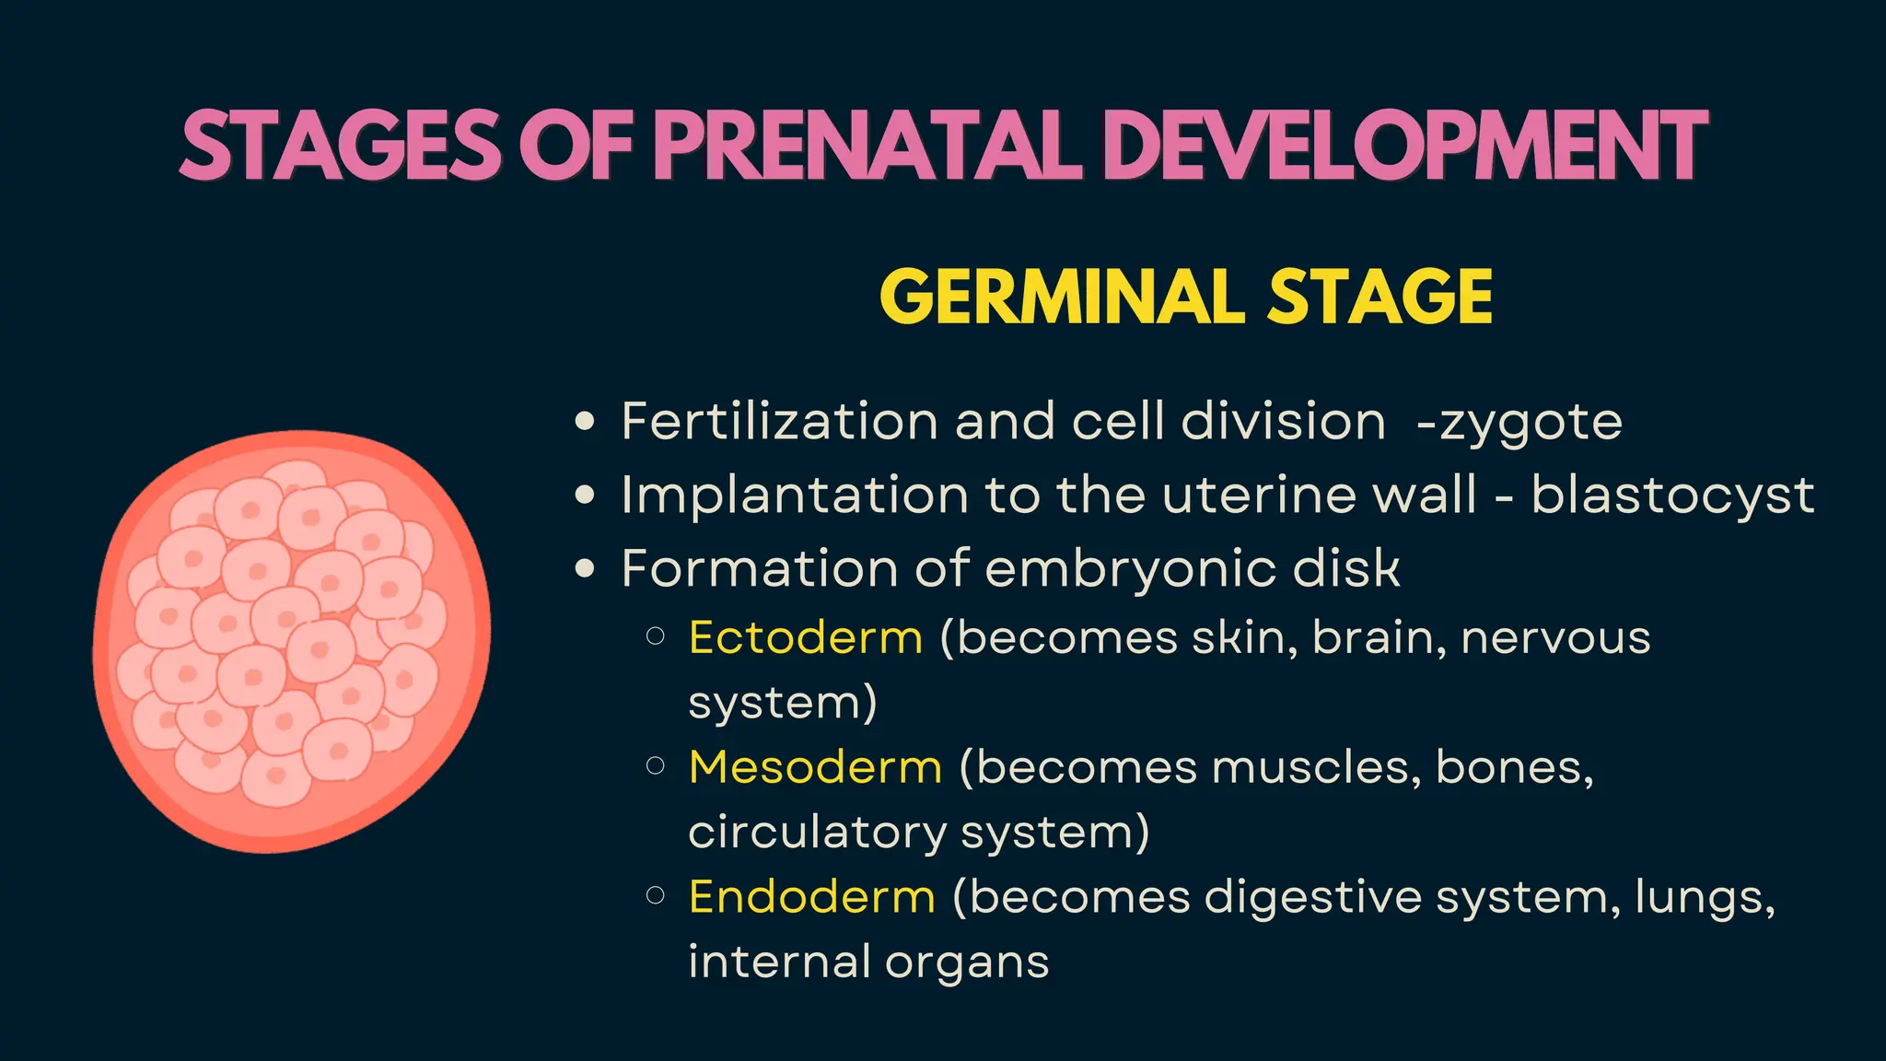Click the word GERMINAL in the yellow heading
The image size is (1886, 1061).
pos(1064,297)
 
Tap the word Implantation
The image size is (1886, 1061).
pos(795,496)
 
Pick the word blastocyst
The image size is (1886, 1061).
pos(1672,496)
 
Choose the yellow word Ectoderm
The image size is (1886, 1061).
pos(806,637)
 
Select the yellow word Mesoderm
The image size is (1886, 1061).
pos(815,767)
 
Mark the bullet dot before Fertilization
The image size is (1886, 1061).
pos(585,422)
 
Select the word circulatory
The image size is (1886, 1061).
pos(817,833)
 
